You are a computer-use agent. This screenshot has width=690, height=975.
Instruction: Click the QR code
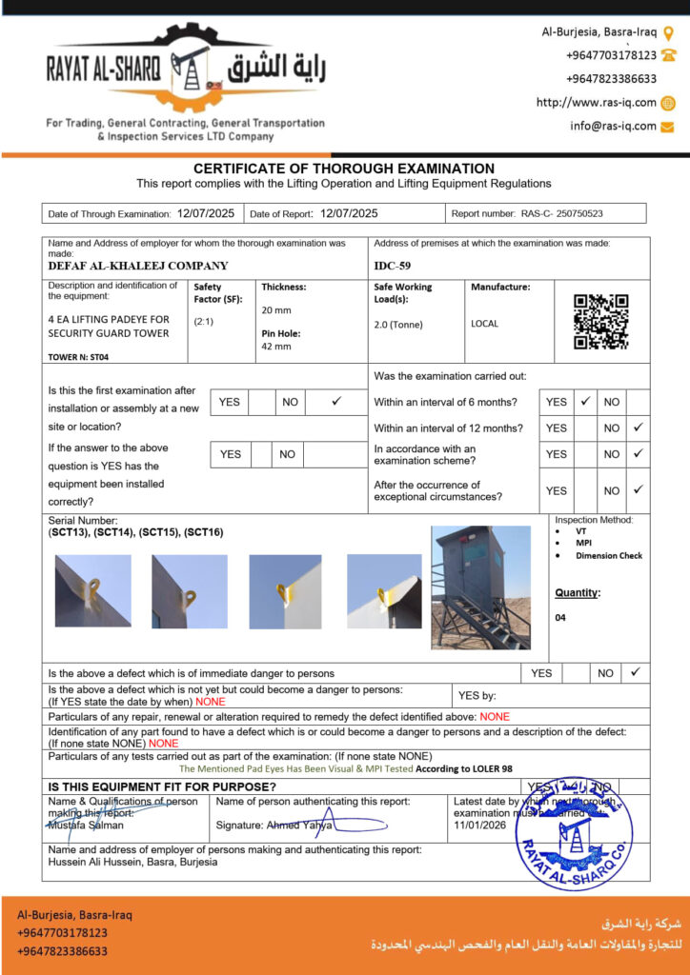coord(600,322)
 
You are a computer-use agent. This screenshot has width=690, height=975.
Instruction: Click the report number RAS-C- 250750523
coord(561,214)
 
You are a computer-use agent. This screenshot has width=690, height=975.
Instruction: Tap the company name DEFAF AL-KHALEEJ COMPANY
coord(138,267)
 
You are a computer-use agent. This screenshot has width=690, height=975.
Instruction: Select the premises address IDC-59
coord(392,267)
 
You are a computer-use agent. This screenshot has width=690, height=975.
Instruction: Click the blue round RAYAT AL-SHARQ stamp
coord(574,833)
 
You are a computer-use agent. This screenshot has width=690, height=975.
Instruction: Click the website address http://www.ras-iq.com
coord(596,103)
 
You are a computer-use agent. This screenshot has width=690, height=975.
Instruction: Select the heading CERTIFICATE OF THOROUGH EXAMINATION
coord(344,169)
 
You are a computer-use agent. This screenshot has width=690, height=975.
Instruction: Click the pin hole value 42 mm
coord(276,347)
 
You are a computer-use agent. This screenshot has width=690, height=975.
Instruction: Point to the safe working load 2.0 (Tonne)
coord(398,324)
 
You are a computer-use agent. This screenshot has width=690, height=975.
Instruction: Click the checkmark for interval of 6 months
coord(586,402)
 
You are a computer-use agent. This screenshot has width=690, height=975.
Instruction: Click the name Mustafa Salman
coord(86,826)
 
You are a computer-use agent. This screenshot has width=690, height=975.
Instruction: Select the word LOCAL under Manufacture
coord(484,324)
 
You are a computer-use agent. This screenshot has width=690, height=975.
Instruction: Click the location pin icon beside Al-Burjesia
coord(668,32)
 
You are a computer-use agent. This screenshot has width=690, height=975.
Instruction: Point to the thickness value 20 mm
coord(276,310)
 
